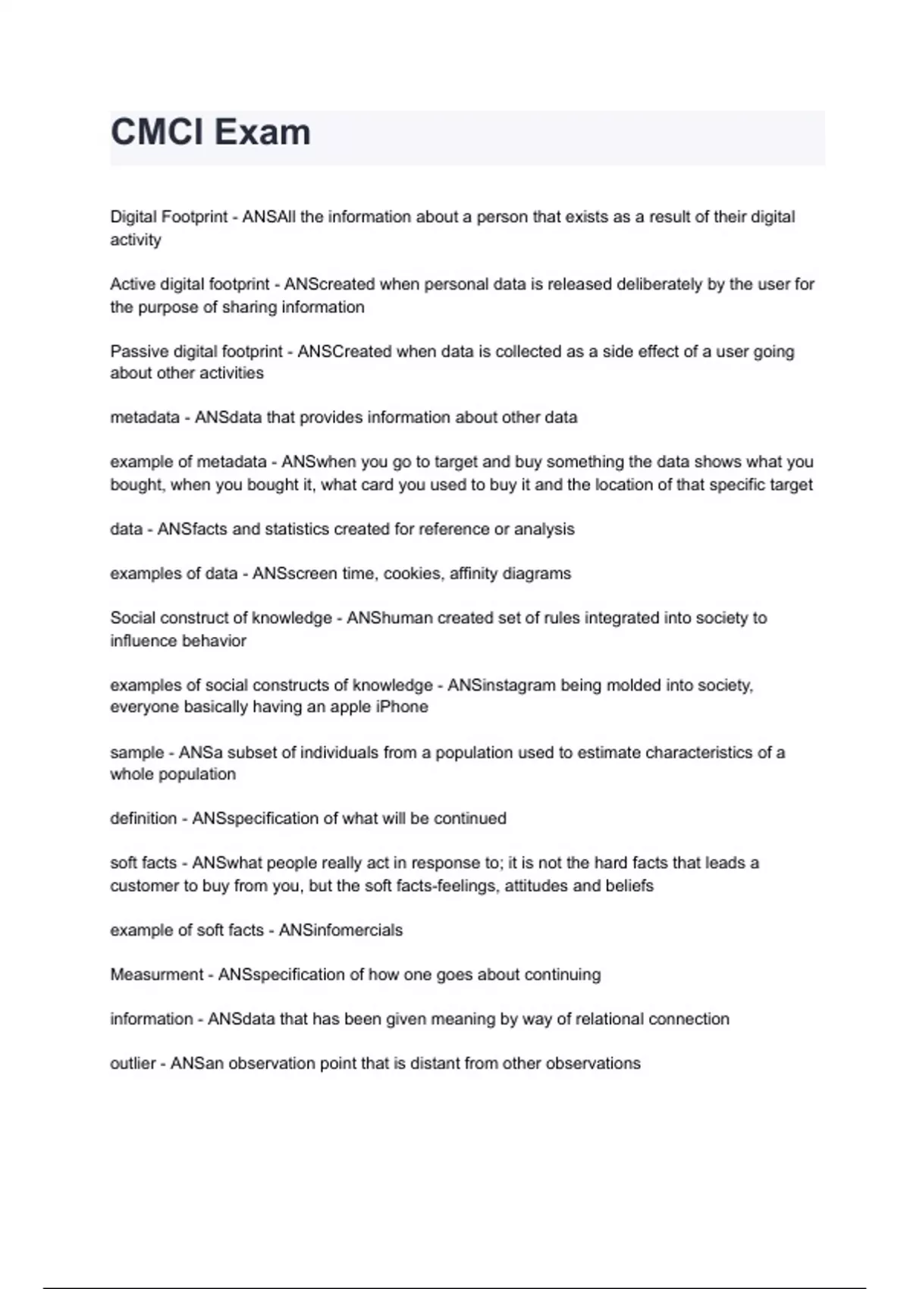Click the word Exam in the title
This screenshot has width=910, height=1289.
tap(262, 133)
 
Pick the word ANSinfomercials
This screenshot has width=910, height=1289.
tap(340, 930)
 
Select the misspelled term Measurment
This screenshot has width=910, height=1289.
tap(157, 975)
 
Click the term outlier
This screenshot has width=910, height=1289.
tap(133, 1064)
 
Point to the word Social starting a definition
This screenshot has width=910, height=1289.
tap(133, 619)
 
